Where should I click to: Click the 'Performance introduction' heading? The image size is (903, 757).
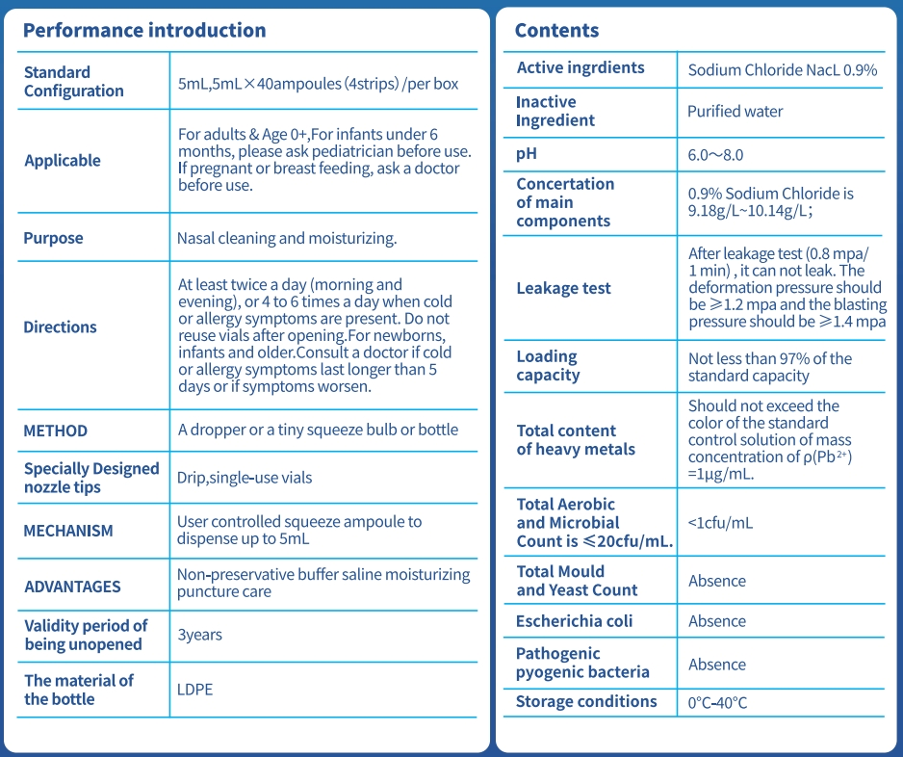coord(144,30)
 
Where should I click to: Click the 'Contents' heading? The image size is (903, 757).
coord(556,30)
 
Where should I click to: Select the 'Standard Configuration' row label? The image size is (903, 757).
coord(74,82)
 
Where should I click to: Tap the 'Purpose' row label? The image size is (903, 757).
coord(54,238)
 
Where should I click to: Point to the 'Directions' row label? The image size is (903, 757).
coord(60,327)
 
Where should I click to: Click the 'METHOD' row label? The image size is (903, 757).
coord(56,431)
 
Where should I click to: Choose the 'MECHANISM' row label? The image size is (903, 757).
coord(68,531)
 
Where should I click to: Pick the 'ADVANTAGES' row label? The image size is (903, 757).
coord(72,587)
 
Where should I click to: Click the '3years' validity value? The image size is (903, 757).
coord(200,635)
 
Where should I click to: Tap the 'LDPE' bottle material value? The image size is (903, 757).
coord(194,690)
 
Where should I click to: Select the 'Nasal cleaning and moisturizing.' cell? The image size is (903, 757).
coord(287,238)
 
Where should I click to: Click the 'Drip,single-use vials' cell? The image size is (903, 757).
coord(245,477)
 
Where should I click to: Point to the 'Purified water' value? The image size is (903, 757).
coord(735,112)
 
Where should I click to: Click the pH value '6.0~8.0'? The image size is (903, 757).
coord(715,155)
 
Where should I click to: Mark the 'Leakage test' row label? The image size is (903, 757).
coord(564,288)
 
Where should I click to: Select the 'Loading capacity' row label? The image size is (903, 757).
coord(548,366)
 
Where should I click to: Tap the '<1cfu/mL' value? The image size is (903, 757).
coord(721,523)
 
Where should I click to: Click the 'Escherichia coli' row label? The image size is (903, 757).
coord(575,621)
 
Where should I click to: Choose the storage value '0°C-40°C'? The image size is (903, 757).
coord(717,702)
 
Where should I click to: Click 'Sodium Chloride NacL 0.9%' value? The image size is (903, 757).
coord(783,70)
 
